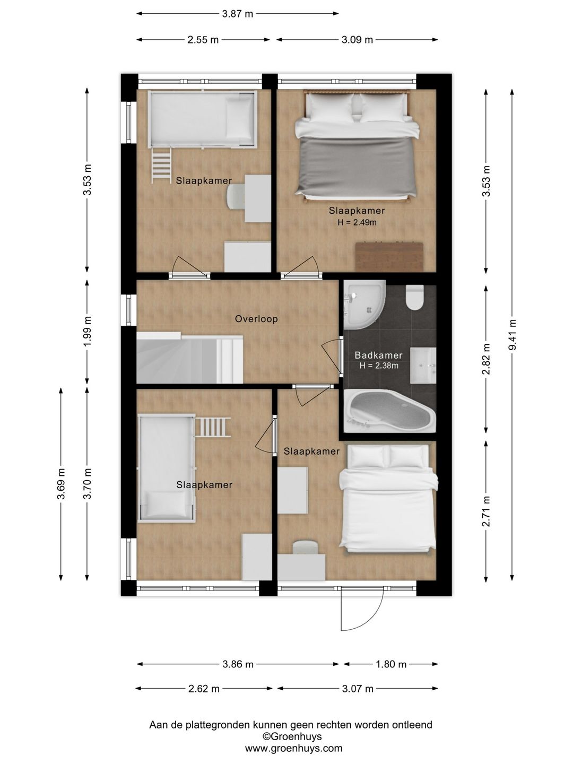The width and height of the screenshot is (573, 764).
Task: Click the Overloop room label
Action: [x=256, y=319]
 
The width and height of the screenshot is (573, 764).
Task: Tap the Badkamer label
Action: [x=378, y=355]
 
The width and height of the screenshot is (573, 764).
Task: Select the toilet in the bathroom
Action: [x=415, y=297]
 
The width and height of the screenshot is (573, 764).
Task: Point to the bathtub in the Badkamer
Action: [x=389, y=411]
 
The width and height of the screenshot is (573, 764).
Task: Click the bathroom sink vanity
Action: [x=423, y=365]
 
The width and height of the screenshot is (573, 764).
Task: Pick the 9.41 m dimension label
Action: [x=512, y=334]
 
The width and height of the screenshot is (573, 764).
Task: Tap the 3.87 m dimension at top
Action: [x=237, y=14]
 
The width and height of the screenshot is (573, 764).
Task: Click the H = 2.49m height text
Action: [x=357, y=222]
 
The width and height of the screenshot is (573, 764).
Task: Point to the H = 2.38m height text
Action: [x=379, y=366]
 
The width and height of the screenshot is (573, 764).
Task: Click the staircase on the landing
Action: [x=189, y=358]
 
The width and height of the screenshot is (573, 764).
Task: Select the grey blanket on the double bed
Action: [x=357, y=166]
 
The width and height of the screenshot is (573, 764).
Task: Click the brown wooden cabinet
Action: [x=389, y=256]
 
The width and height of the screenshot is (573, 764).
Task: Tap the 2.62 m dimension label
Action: [x=204, y=689]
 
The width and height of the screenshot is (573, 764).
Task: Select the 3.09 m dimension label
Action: [x=357, y=40]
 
